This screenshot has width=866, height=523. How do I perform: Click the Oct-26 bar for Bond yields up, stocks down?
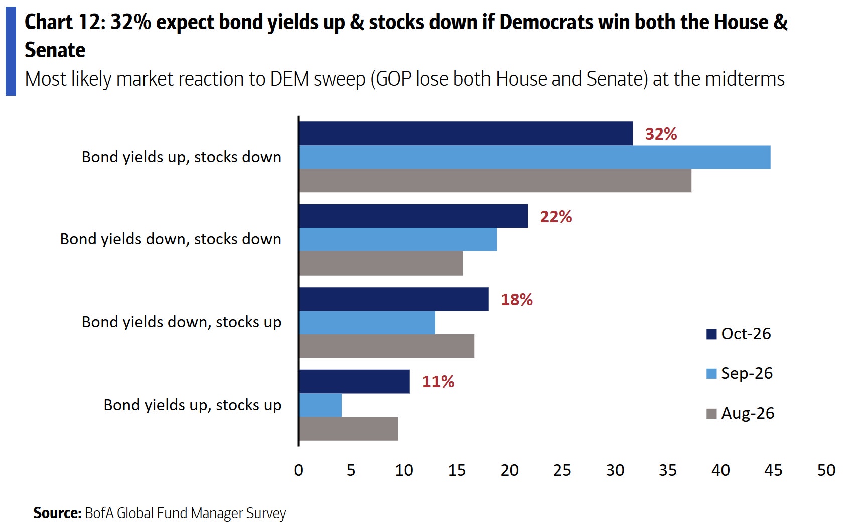click(466, 134)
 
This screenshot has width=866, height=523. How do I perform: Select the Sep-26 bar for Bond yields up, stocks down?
click(534, 157)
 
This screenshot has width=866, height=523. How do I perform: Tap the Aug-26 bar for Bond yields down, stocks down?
click(380, 264)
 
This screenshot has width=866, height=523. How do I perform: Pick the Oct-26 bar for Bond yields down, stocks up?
click(393, 299)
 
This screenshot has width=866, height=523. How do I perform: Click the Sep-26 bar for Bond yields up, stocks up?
click(320, 405)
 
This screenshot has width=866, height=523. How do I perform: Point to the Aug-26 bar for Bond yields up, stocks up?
click(348, 429)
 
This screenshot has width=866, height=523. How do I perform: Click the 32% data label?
click(661, 134)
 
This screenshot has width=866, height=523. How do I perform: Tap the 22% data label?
click(556, 217)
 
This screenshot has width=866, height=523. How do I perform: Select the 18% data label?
click(517, 300)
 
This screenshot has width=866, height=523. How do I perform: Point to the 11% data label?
click(438, 382)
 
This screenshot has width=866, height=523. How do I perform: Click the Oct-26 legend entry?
click(739, 334)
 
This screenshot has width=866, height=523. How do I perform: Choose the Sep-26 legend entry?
click(740, 373)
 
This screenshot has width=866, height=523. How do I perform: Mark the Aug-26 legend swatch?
click(711, 414)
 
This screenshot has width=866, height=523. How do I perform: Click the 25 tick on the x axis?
click(562, 470)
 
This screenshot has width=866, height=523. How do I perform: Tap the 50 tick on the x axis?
click(826, 470)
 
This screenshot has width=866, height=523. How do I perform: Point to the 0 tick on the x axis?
click(299, 470)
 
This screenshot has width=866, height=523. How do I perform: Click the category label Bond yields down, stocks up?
click(182, 322)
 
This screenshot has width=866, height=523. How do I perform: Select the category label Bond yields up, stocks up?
click(193, 405)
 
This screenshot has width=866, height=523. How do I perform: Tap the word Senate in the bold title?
click(55, 50)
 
